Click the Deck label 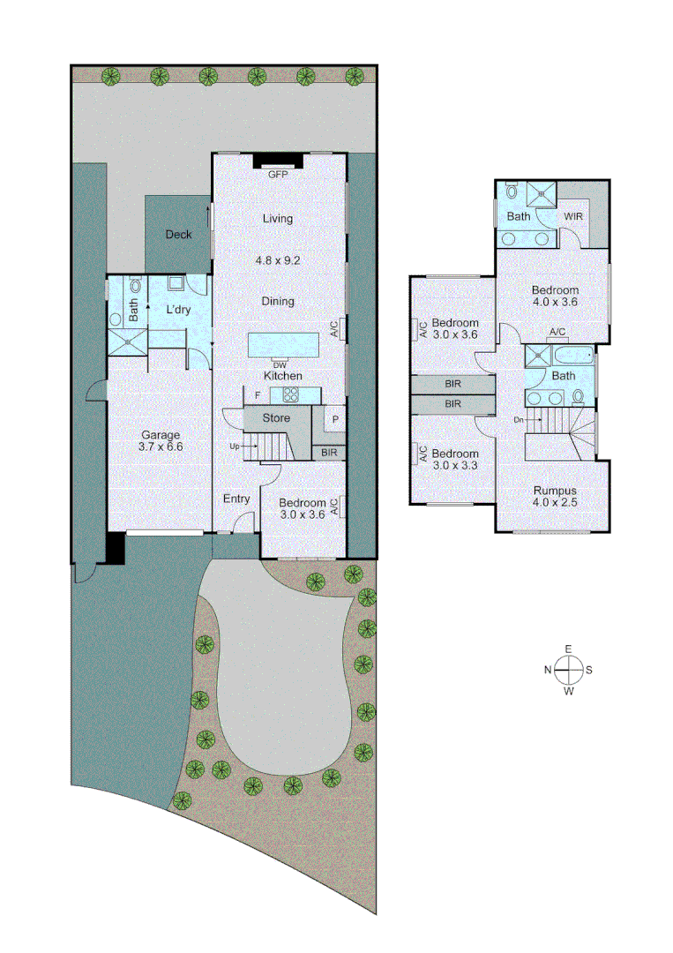tap(178, 235)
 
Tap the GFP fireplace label tap(279, 175)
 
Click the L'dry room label tap(179, 310)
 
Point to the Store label tap(277, 417)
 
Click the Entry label tap(236, 499)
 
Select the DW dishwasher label tap(280, 364)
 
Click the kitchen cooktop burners tap(290, 394)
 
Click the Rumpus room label tap(554, 492)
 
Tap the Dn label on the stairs tap(519, 420)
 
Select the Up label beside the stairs tap(234, 446)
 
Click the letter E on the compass tap(568, 649)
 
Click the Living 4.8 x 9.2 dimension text tap(278, 261)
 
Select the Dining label tap(278, 301)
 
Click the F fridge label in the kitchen tap(258, 394)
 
